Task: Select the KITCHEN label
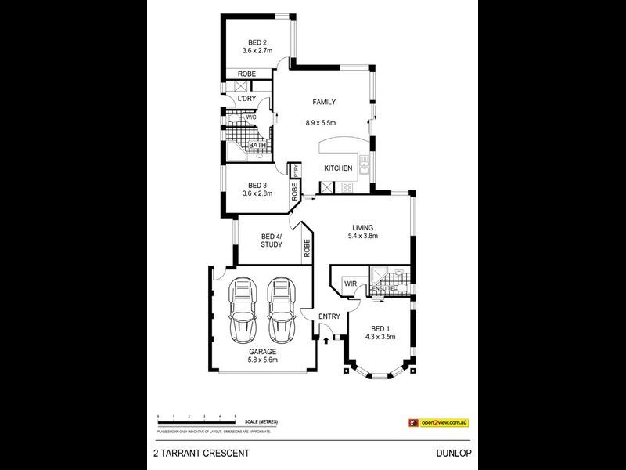pos(338,168)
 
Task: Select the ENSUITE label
pos(383,289)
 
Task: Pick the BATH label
pos(255,146)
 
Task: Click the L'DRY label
pos(246,99)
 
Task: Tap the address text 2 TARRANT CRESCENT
pos(201,453)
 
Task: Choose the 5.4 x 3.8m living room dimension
pos(364,236)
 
